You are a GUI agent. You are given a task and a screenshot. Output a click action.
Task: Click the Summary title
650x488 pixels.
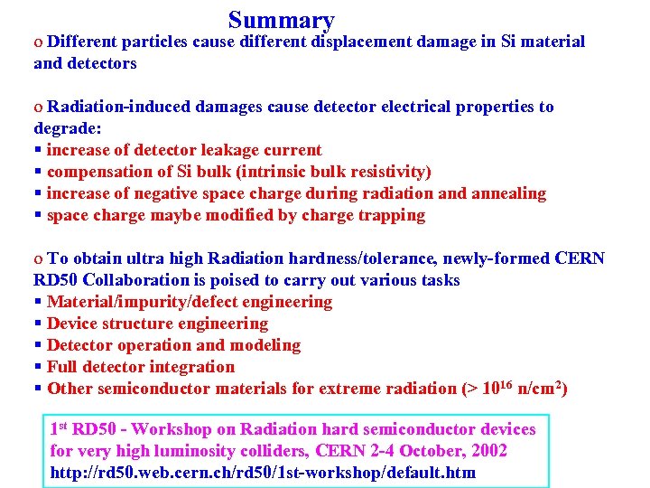tap(282, 20)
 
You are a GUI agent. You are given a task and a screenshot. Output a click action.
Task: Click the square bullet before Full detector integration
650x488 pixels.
tap(38, 367)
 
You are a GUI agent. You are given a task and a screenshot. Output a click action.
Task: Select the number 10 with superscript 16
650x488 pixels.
tap(495, 388)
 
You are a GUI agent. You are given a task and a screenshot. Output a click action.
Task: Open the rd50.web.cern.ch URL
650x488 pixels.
tap(263, 473)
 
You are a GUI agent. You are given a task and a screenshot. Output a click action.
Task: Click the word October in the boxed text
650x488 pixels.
tap(427, 451)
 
